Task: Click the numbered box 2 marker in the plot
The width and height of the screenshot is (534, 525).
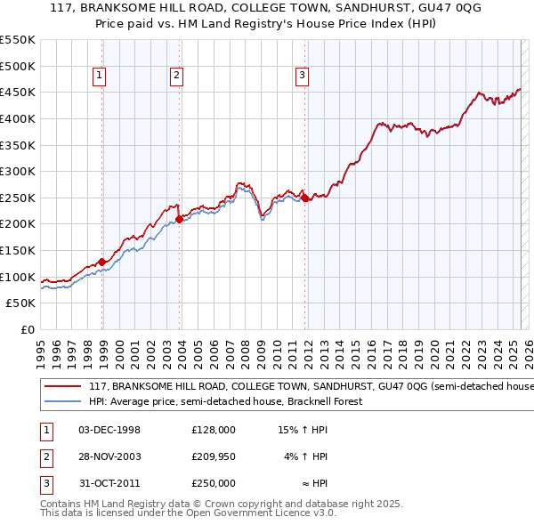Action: pos(177,77)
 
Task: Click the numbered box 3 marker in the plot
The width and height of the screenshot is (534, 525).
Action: pos(303,77)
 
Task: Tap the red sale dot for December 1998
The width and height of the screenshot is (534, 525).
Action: pos(102,262)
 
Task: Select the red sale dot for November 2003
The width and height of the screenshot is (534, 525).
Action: pos(180,219)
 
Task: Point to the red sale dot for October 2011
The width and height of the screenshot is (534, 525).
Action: pos(305,198)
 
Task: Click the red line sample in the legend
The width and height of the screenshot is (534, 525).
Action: pos(62,387)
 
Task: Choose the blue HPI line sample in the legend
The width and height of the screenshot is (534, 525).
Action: pos(62,401)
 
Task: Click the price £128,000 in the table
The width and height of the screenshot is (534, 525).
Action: pos(214,430)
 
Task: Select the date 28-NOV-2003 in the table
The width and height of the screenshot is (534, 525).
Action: pos(109,456)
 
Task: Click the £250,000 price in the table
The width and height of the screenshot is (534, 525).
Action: pos(214,483)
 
